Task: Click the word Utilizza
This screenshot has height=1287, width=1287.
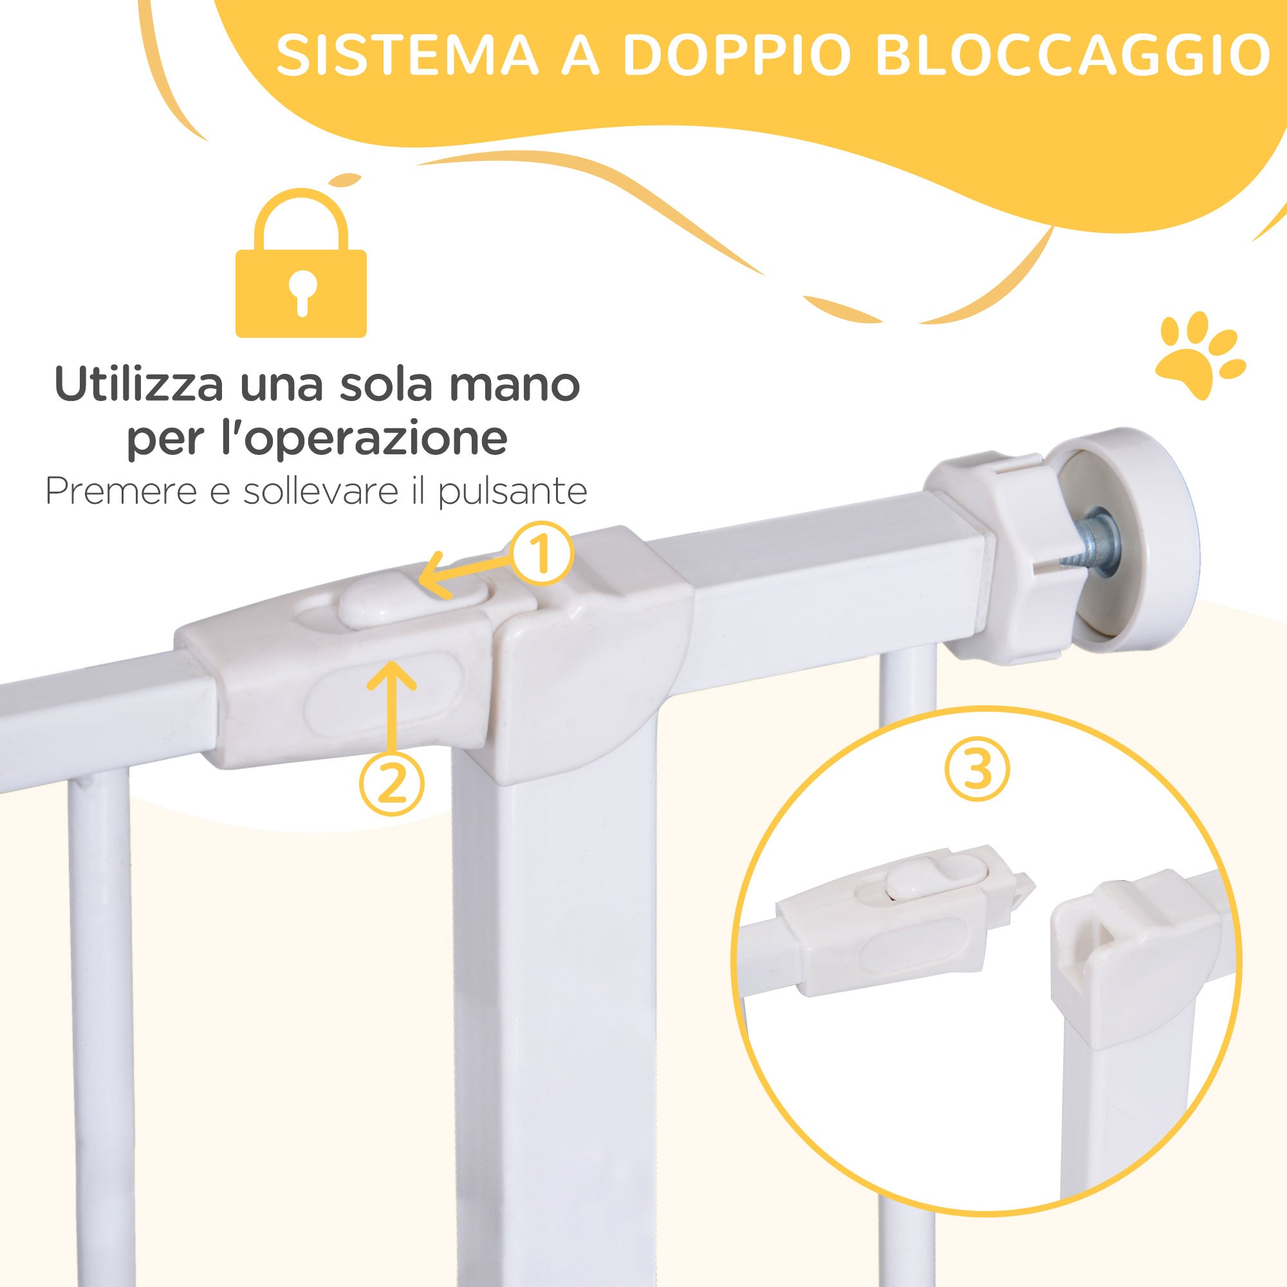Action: pyautogui.click(x=138, y=385)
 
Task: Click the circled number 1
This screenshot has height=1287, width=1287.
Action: pyautogui.click(x=541, y=553)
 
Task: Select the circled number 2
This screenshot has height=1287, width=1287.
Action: pyautogui.click(x=392, y=783)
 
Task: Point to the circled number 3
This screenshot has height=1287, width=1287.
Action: pyautogui.click(x=977, y=770)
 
